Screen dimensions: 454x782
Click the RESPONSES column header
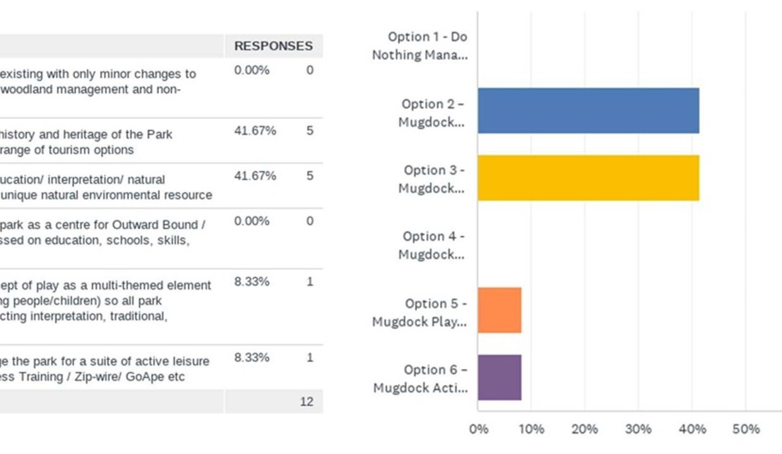coord(273,46)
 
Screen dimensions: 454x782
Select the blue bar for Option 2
coord(588,111)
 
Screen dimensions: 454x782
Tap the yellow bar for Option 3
coord(588,178)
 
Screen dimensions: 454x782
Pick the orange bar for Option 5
coord(499,310)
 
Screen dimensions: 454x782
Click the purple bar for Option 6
coord(499,377)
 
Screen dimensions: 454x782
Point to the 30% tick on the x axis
coord(638,429)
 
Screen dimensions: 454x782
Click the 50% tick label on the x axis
coord(745,429)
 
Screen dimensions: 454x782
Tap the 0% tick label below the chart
coord(479,429)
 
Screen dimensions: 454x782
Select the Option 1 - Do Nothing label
coord(419,45)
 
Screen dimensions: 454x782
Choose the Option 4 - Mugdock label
coord(433,245)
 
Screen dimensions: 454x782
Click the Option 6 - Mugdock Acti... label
coord(420,378)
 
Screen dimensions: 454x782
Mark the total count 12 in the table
coord(306,402)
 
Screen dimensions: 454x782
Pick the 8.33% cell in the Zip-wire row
coord(252,358)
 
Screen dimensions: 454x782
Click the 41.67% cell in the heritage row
coord(255,131)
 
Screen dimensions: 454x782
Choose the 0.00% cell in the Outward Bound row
coord(252,221)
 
